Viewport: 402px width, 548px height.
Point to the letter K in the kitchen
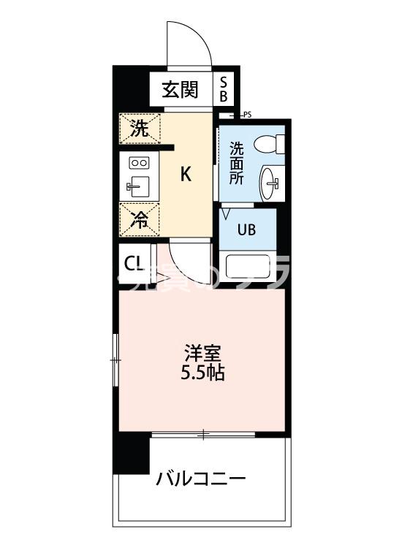tap(186, 175)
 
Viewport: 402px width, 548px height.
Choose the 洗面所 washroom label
tap(236, 163)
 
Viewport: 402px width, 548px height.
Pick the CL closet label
tap(134, 264)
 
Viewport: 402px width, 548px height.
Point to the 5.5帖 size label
tap(202, 373)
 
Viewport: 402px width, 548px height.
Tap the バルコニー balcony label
tap(200, 479)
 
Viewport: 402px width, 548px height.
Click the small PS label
tap(246, 115)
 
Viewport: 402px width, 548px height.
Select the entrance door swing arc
tap(189, 45)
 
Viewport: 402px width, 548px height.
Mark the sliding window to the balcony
tap(203, 435)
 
